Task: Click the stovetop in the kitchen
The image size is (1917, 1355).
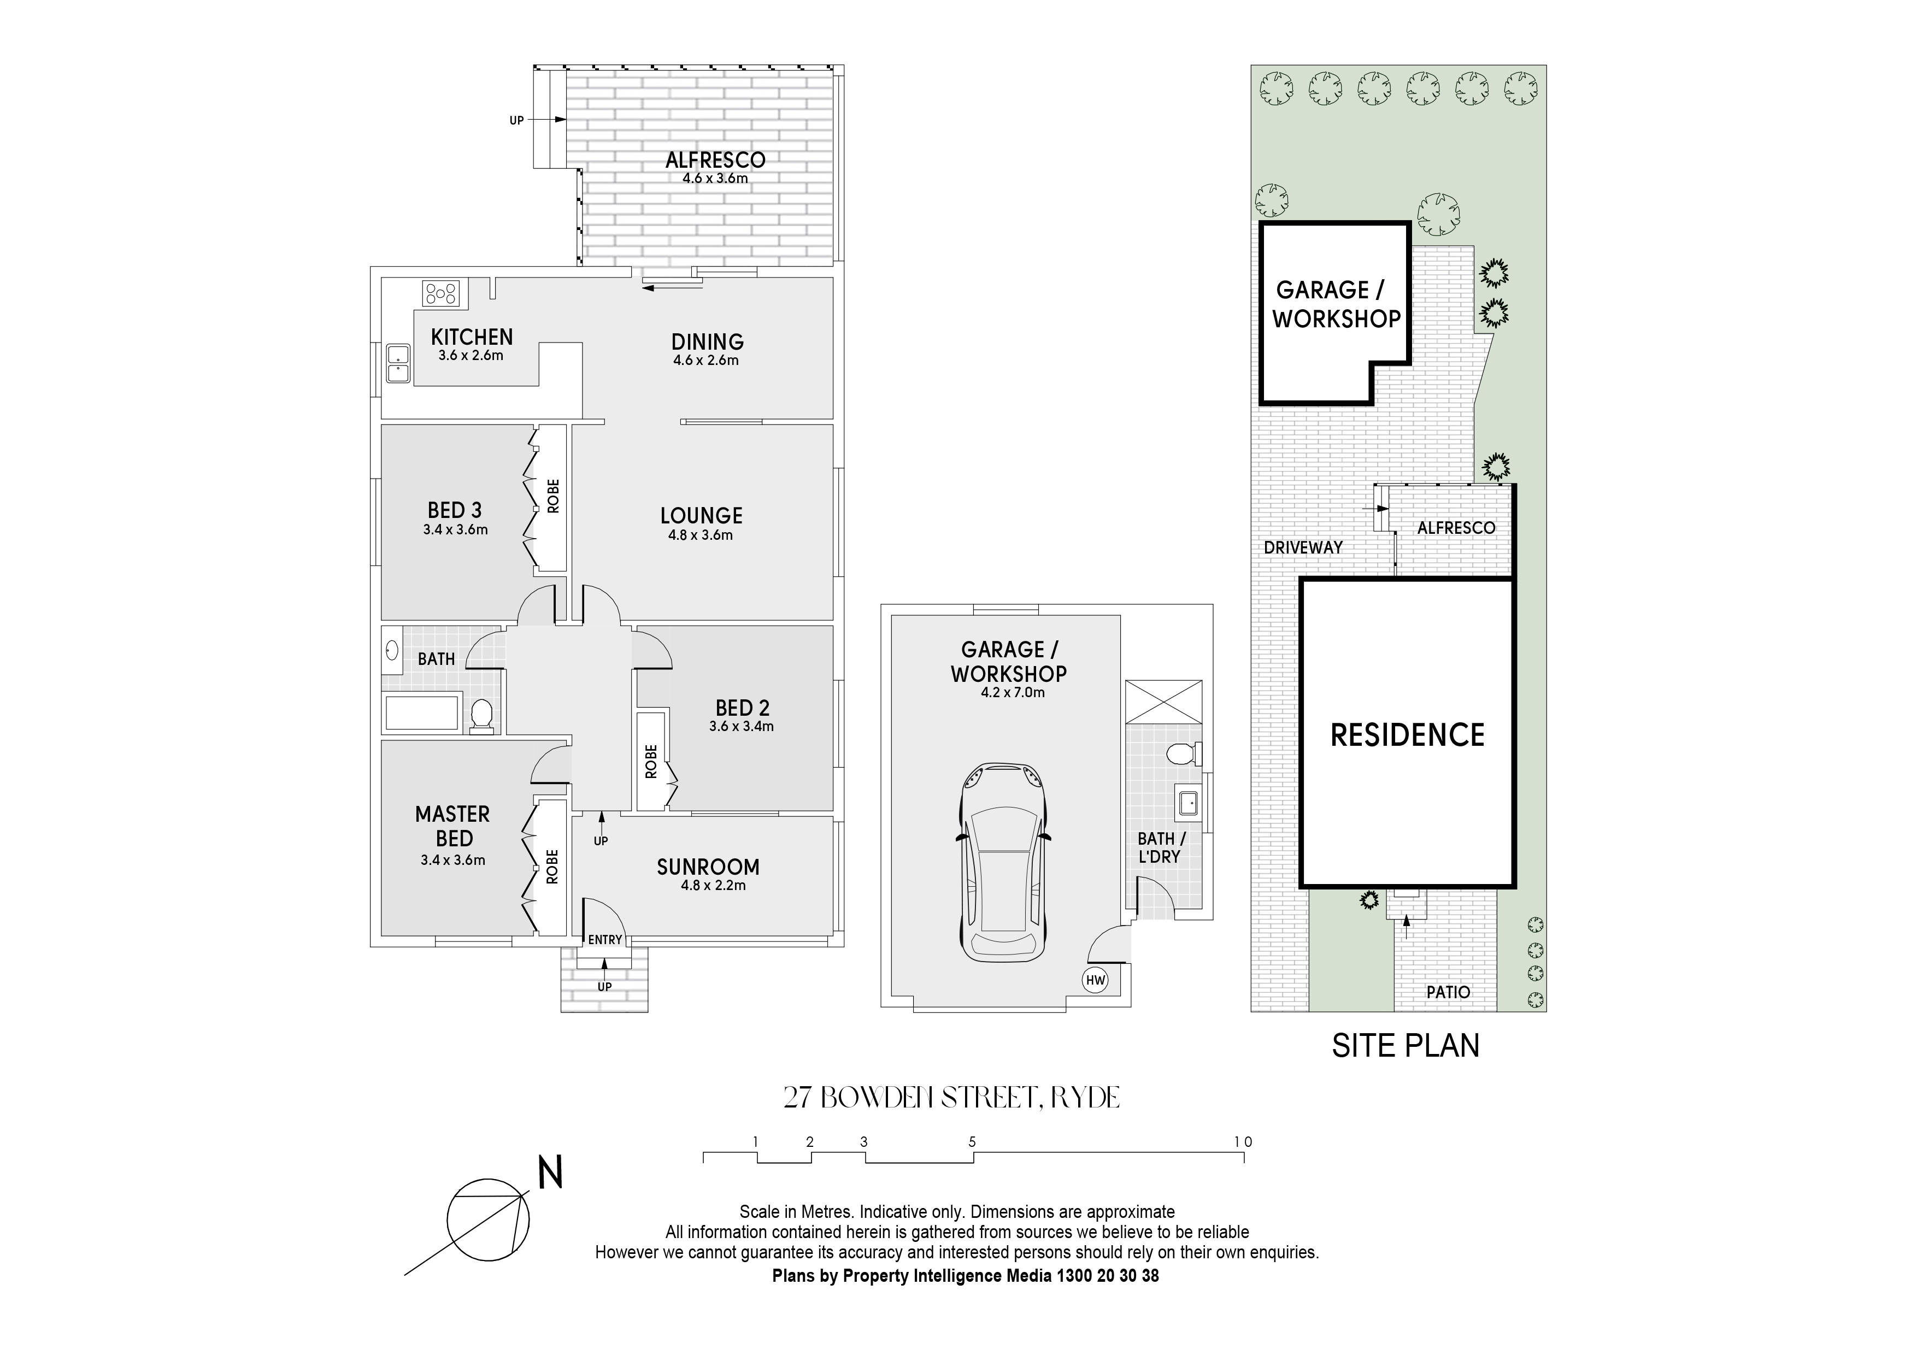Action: pos(441,293)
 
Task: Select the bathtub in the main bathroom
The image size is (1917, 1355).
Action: pos(422,713)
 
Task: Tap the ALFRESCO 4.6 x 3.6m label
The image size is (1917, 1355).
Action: pos(715,167)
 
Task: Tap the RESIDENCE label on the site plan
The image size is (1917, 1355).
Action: pos(1408,735)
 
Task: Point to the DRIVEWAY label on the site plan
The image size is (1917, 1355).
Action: pos(1303,547)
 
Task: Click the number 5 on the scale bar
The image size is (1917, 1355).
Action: pos(972,1142)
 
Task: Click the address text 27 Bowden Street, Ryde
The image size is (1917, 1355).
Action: pos(952,1097)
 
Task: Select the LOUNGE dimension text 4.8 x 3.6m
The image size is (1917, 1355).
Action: pos(701,535)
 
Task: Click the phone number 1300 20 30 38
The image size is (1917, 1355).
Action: pos(1108,1276)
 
